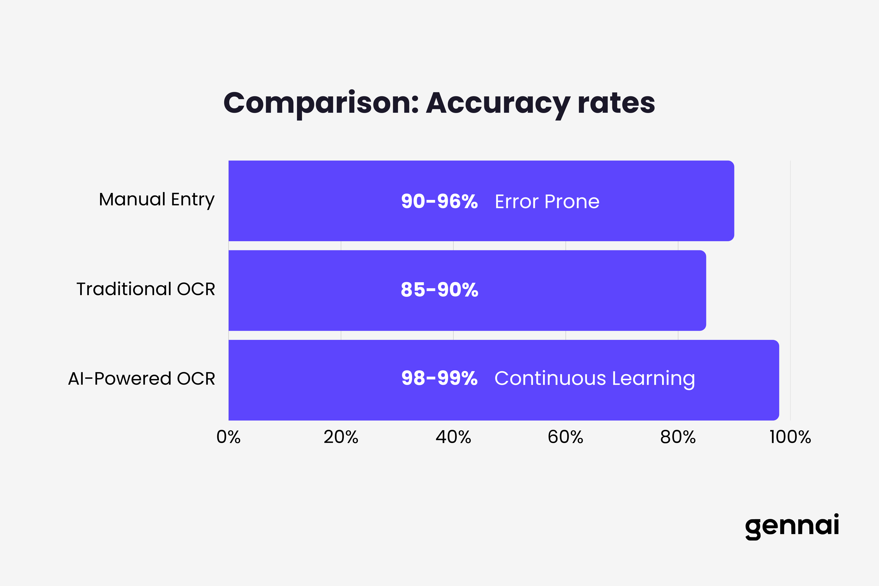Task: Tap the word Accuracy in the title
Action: (498, 103)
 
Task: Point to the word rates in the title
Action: (616, 103)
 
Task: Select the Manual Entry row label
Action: (157, 199)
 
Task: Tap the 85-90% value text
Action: (439, 290)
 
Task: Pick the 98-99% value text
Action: (439, 378)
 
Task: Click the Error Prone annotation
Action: (547, 202)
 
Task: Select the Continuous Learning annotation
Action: (595, 379)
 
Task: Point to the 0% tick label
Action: (228, 437)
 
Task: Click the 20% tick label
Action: (341, 437)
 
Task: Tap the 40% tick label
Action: (453, 437)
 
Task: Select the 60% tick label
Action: (565, 437)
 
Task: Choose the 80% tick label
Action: (678, 437)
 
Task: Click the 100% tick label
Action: (790, 437)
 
